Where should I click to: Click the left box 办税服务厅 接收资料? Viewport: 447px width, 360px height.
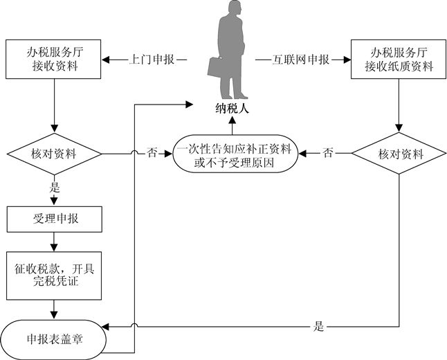point(54,59)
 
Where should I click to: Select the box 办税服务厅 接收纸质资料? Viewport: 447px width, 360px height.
point(397,59)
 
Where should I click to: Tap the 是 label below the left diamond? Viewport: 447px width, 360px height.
point(54,188)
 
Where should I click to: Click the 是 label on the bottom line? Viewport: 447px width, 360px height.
point(319,327)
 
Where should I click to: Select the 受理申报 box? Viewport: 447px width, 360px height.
point(54,219)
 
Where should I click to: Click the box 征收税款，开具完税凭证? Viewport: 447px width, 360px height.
point(54,271)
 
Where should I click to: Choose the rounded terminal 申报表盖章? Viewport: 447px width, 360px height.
point(54,339)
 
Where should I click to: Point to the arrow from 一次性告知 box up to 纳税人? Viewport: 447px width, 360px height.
point(233,125)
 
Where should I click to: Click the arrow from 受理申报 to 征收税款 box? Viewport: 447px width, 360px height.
point(54,242)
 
